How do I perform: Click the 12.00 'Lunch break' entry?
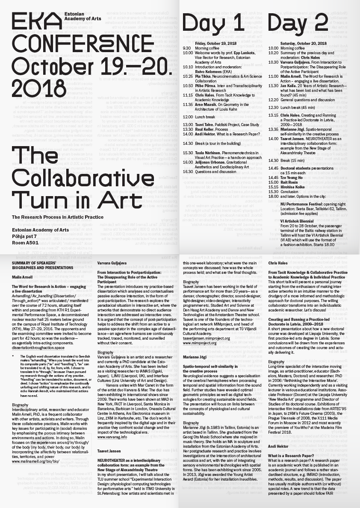pos(205,117)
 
